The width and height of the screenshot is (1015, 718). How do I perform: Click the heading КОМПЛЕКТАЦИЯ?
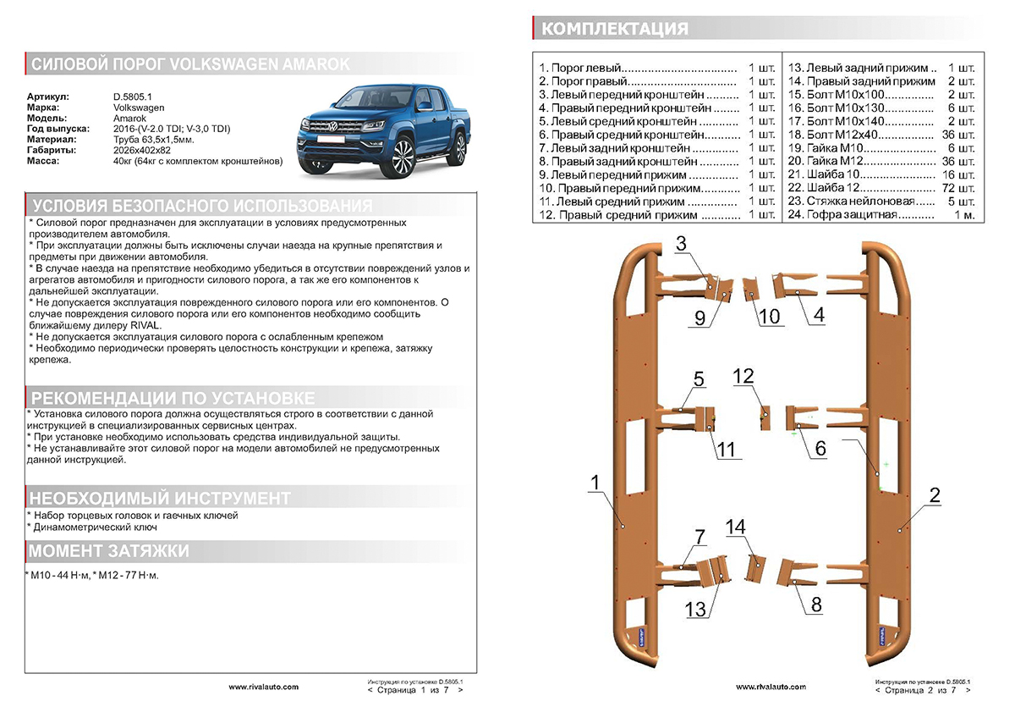tap(614, 29)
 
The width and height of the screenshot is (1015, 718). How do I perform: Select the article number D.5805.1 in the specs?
tap(132, 97)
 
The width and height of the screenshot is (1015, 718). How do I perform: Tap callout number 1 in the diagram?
tap(595, 483)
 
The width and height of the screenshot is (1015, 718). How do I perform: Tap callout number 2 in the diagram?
tap(934, 496)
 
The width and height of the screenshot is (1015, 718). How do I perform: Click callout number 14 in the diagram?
tap(736, 527)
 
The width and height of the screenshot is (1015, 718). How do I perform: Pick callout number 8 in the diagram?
tap(815, 605)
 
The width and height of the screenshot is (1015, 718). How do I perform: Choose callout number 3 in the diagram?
tap(683, 244)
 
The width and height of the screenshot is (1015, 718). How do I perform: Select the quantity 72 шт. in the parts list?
tap(962, 188)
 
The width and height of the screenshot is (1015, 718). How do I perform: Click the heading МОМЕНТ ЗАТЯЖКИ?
tap(109, 552)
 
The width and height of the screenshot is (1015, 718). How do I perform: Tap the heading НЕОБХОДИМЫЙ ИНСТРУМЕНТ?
tap(160, 497)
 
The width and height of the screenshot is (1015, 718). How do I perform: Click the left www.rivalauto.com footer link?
tap(263, 687)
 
